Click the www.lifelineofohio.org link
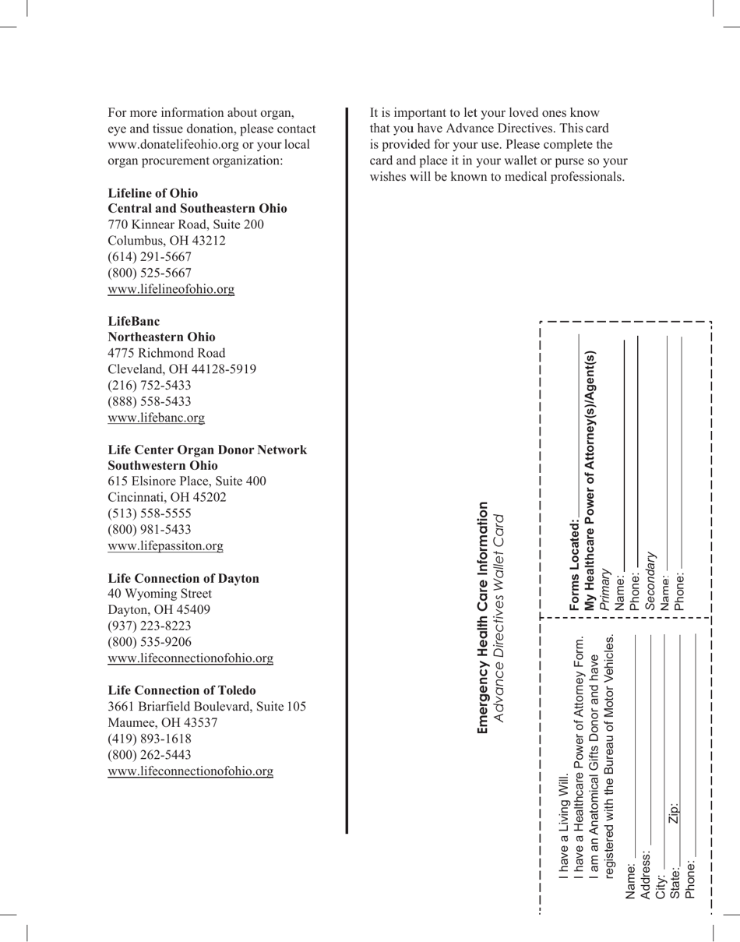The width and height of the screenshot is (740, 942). [171, 289]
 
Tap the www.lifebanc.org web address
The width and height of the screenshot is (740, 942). [156, 418]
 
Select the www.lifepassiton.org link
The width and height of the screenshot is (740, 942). [165, 546]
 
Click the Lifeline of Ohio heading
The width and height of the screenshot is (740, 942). [153, 193]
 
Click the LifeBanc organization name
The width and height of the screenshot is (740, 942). [134, 321]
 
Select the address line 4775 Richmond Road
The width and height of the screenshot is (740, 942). [167, 353]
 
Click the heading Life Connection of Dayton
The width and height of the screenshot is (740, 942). [183, 578]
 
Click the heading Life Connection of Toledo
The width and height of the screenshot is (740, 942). [181, 690]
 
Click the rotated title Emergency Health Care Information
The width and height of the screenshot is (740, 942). [483, 617]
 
